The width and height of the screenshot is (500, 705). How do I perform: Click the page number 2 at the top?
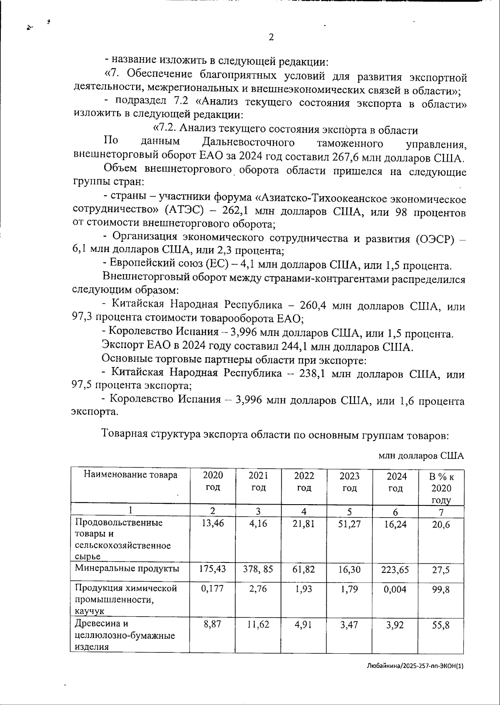point(271,37)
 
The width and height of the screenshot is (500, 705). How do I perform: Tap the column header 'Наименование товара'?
point(130,475)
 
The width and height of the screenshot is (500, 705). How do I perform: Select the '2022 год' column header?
point(304,482)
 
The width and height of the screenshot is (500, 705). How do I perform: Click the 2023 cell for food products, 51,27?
point(350,523)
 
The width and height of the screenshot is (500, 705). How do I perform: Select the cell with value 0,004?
point(395,589)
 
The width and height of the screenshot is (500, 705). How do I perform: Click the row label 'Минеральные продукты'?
point(127,569)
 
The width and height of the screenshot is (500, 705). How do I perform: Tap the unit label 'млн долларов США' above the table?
point(421,456)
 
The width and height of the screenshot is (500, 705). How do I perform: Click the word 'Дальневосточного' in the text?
point(248,143)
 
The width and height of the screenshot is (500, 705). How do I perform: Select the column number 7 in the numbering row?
point(441,512)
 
